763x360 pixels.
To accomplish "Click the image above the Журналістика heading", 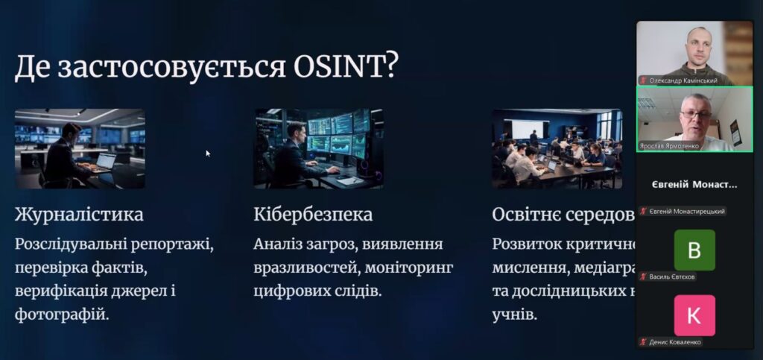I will tap(80, 148).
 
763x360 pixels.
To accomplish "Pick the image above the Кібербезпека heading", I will tap(318, 148).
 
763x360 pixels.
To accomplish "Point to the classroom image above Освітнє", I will tap(557, 148).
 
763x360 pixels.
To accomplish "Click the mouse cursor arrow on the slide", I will tap(208, 153).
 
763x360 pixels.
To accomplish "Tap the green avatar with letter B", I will tap(694, 250).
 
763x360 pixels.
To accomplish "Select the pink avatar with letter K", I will tap(694, 315).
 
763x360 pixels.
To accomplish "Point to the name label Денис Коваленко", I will tap(675, 341).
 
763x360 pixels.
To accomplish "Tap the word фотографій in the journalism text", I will tap(62, 314).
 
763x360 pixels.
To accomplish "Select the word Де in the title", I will tap(33, 68).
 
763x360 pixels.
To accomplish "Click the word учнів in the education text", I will tap(513, 314).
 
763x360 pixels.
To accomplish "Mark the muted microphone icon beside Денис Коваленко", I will tap(642, 341).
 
